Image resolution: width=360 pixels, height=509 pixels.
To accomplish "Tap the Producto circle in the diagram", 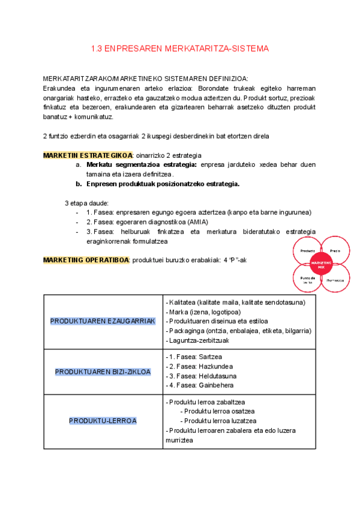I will (x=308, y=250).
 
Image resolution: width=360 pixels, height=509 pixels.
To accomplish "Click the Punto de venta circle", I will (x=307, y=280).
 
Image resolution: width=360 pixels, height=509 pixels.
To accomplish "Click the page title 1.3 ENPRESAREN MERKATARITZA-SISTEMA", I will (x=179, y=48).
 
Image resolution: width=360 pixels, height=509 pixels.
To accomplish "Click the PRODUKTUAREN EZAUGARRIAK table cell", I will (x=103, y=321).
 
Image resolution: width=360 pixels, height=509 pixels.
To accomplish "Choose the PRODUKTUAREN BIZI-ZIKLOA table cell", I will (x=103, y=372).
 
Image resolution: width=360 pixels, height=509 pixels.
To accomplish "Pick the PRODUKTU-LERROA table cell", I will (x=103, y=421).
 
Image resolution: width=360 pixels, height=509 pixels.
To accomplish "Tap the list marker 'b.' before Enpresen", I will (x=79, y=184).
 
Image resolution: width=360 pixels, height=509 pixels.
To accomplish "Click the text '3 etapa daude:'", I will (x=86, y=203).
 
